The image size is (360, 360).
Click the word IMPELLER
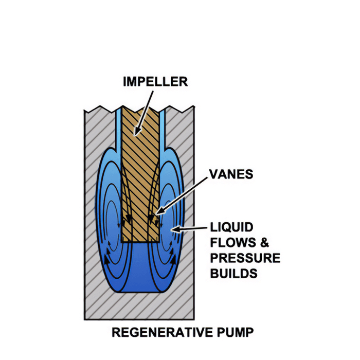[155, 81]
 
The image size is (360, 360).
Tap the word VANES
[231, 174]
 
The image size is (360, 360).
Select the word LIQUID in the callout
[231, 227]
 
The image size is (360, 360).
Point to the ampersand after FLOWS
[264, 242]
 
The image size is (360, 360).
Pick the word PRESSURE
[245, 258]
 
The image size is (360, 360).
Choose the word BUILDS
[233, 273]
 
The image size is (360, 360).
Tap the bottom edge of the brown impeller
[140, 242]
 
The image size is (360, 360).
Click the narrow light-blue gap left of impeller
[118, 129]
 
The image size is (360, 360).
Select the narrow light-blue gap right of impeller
[162, 129]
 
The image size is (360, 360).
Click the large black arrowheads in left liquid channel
[107, 257]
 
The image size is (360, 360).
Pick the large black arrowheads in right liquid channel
[173, 257]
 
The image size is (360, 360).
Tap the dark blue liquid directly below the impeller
[140, 266]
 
